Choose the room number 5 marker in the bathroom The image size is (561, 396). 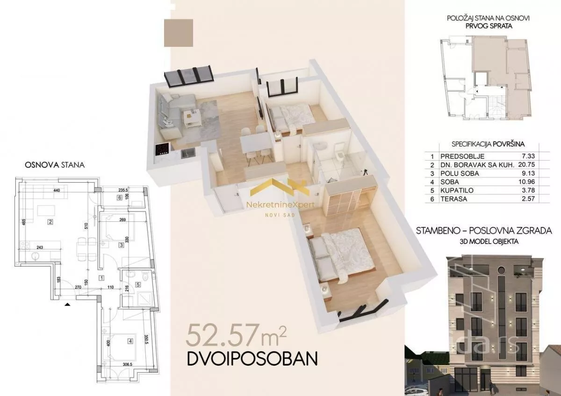pyautogui.click(x=138, y=284)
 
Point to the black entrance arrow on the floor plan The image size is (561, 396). pyautogui.click(x=68, y=304)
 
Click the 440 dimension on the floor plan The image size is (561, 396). pyautogui.click(x=57, y=190)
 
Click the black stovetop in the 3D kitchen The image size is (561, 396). pyautogui.click(x=162, y=149)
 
